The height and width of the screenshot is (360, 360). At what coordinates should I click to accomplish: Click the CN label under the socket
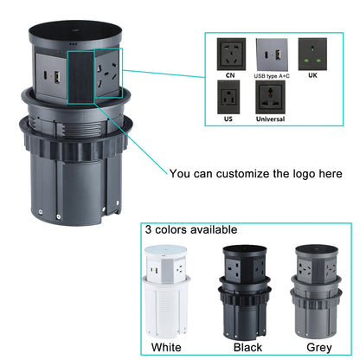pos(230,74)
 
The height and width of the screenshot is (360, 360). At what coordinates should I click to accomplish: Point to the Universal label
pos(270,119)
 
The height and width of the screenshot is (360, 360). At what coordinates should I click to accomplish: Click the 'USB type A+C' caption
pos(273,74)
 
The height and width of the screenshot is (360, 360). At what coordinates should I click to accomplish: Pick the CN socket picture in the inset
pos(230,53)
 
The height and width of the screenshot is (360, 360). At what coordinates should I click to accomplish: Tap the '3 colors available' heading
pos(190,230)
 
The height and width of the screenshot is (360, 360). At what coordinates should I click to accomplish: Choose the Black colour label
pos(247,348)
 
